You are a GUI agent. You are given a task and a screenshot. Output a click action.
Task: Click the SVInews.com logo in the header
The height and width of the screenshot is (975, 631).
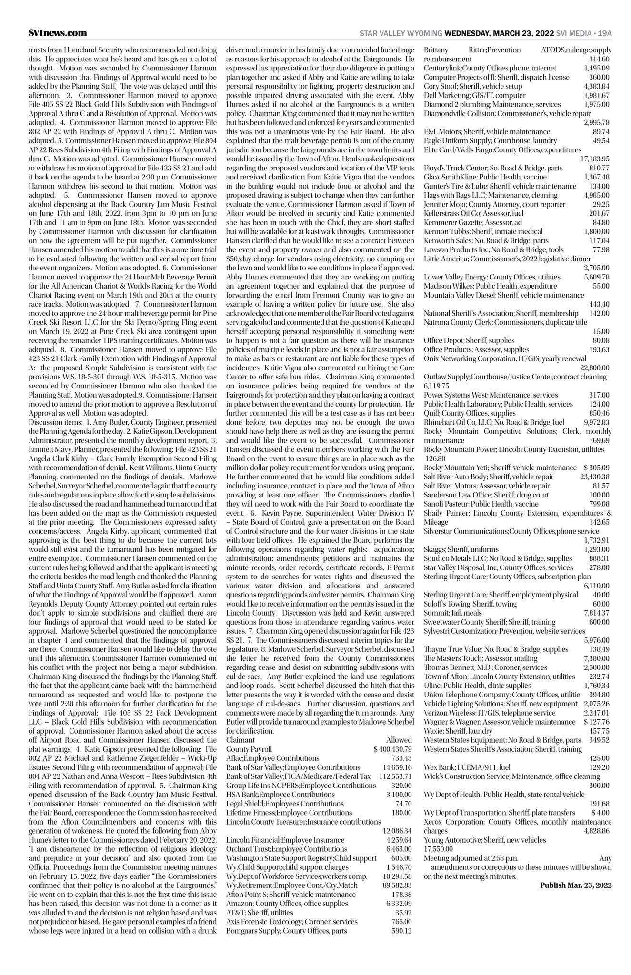tap(57, 33)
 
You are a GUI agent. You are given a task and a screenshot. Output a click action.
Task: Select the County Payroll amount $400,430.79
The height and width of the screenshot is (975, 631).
tap(392, 749)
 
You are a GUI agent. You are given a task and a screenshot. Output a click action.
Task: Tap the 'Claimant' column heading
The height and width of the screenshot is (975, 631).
tap(240, 740)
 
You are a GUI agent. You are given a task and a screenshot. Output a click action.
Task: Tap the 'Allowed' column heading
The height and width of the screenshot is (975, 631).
tap(399, 740)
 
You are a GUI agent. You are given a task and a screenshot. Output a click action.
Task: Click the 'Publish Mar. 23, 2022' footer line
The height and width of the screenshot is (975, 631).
tap(575, 885)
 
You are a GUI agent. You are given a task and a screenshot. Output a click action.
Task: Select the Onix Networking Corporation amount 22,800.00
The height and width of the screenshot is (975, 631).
tap(594, 368)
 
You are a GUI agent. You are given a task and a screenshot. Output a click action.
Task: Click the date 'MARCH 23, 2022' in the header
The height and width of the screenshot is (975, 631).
tap(523, 34)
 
